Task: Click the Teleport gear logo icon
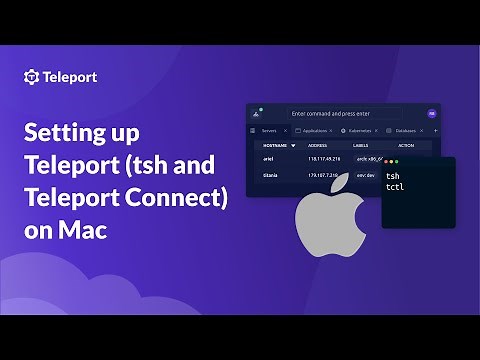[31, 76]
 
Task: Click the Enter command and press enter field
[350, 114]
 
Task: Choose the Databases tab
[404, 131]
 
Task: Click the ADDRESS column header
[321, 145]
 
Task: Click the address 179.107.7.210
[328, 175]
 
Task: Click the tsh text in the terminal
[405, 175]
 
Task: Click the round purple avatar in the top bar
[432, 114]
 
